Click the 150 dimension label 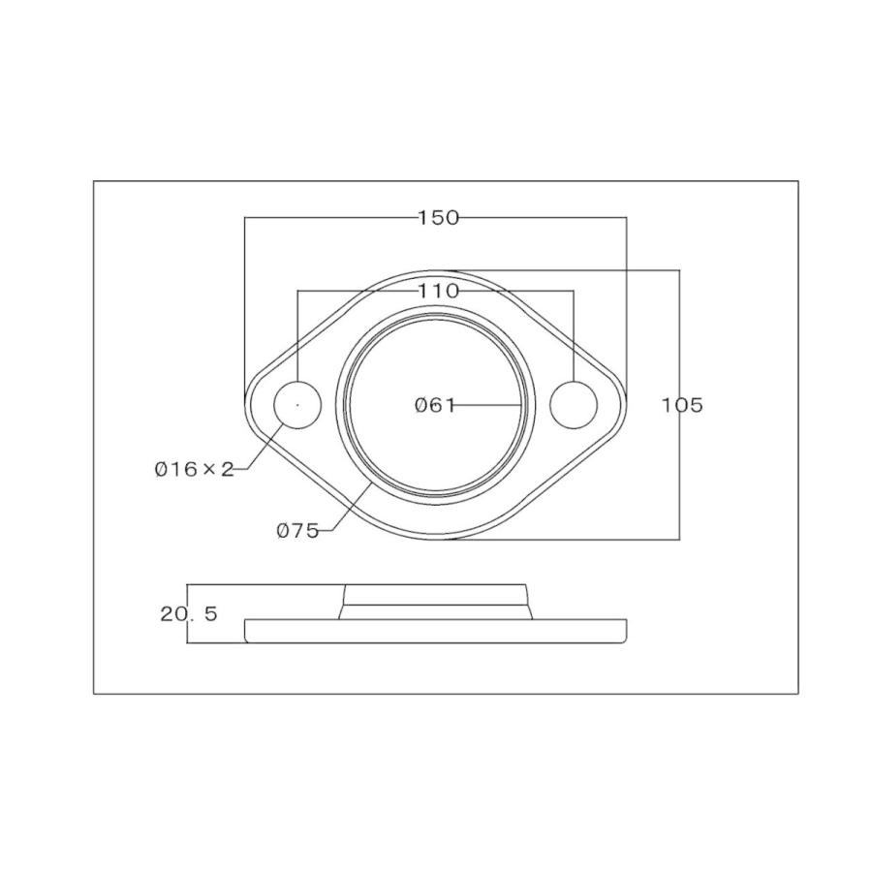[x=438, y=217]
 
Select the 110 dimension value [x=438, y=291]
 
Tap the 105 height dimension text [x=682, y=405]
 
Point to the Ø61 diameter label [x=435, y=405]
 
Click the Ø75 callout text [x=297, y=531]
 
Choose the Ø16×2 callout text [x=194, y=470]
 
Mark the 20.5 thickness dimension [x=189, y=614]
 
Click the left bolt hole [x=297, y=405]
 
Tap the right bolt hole [x=574, y=405]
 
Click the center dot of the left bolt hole [x=297, y=405]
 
